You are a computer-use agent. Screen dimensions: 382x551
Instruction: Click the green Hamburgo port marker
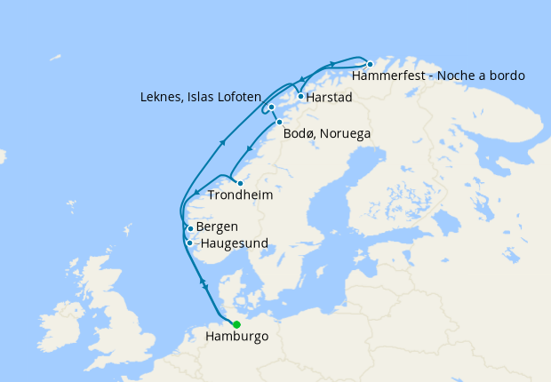[x=236, y=324]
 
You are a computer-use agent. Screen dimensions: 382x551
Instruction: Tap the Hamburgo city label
[x=236, y=338]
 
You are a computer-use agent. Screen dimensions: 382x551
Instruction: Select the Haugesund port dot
[x=189, y=243]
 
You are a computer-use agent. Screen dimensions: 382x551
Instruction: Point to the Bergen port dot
[x=190, y=228]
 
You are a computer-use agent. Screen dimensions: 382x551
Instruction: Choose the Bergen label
[x=217, y=227]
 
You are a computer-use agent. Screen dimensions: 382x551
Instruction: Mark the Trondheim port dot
[x=240, y=183]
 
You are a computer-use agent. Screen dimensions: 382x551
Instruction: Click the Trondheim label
[x=239, y=195]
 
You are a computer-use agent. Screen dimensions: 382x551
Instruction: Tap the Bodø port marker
[x=279, y=122]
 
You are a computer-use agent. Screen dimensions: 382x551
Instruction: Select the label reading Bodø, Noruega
[x=326, y=134]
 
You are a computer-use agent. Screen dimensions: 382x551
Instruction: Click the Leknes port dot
[x=271, y=107]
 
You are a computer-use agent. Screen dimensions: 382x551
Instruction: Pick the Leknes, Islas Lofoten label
[x=201, y=96]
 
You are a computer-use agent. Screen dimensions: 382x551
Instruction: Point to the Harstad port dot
[x=301, y=96]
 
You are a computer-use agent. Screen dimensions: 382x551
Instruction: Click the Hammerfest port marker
[x=370, y=64]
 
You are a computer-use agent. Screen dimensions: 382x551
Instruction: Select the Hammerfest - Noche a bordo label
[x=438, y=76]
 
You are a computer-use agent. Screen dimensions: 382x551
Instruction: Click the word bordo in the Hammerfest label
[x=507, y=76]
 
